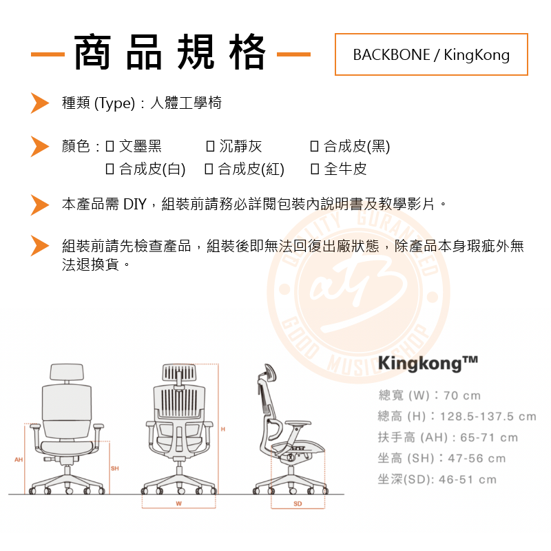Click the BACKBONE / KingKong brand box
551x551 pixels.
pyautogui.click(x=431, y=54)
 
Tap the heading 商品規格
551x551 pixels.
pyautogui.click(x=169, y=52)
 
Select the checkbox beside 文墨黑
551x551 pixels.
pyautogui.click(x=110, y=146)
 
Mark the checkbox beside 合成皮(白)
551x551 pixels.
pyautogui.click(x=110, y=169)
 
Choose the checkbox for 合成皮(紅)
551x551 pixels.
pyautogui.click(x=209, y=169)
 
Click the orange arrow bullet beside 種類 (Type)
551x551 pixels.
pyautogui.click(x=39, y=103)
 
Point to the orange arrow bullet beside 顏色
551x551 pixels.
pyautogui.click(x=39, y=146)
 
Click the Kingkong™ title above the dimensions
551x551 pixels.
pyautogui.click(x=428, y=363)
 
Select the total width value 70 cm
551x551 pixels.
pyautogui.click(x=462, y=396)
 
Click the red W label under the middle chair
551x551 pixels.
pyautogui.click(x=178, y=504)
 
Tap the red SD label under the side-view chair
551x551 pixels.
pyautogui.click(x=298, y=504)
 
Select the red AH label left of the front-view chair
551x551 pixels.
pyautogui.click(x=19, y=459)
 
